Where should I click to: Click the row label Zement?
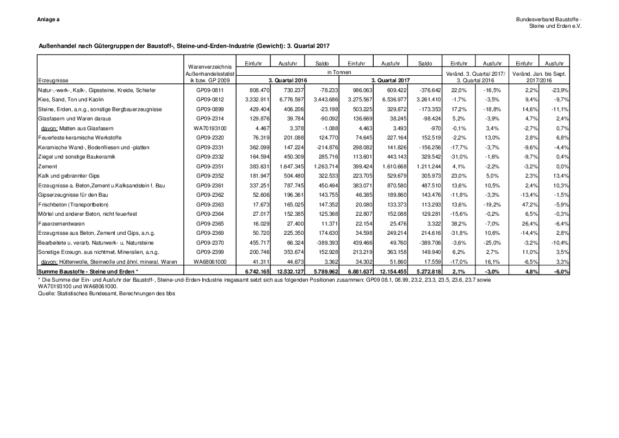(44, 166)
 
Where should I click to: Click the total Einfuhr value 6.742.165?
(255, 271)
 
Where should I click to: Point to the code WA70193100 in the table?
(209, 129)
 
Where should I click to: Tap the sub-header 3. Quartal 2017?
(391, 80)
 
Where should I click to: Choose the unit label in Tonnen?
(338, 72)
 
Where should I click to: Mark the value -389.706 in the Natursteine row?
(427, 242)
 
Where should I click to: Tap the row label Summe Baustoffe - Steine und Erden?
(87, 271)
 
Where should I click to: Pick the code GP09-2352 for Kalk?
(209, 176)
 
